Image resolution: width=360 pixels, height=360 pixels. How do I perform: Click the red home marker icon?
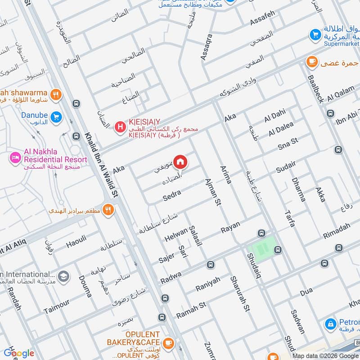[180, 161]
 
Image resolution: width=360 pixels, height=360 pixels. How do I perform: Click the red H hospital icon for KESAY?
[120, 127]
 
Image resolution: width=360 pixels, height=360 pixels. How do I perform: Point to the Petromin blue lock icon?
[331, 324]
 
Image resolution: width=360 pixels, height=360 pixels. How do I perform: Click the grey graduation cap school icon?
[63, 275]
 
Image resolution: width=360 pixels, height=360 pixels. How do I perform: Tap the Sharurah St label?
[239, 293]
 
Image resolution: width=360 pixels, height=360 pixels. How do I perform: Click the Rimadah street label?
[336, 231]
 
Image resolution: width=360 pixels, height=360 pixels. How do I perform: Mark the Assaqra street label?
[206, 47]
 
